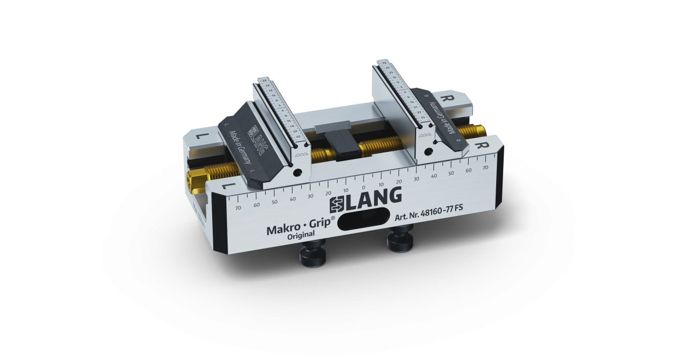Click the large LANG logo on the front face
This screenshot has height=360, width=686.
363,196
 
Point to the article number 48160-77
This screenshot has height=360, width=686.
438,217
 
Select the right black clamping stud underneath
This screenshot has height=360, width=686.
400,237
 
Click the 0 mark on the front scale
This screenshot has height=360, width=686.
364,187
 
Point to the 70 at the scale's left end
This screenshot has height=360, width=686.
238,209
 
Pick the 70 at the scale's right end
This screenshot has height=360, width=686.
485,169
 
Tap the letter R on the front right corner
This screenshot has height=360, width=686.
484,145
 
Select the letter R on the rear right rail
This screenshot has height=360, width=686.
450,98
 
